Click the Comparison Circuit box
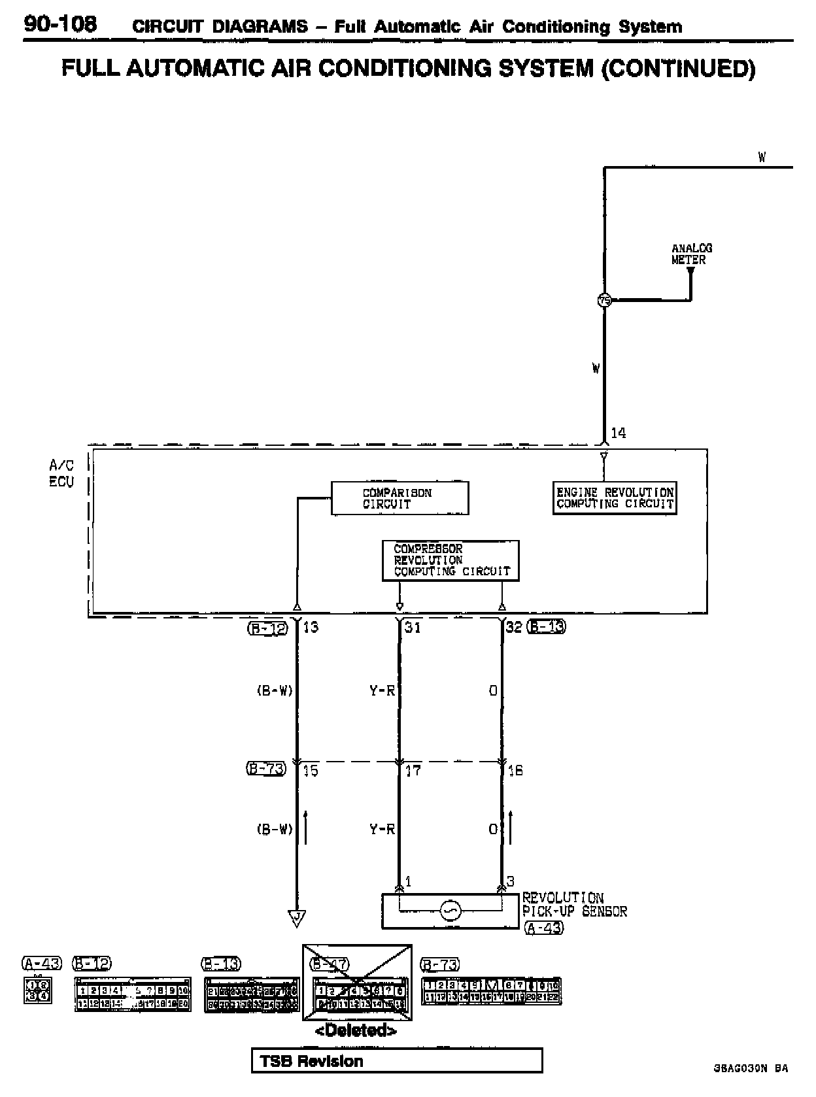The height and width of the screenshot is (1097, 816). [x=399, y=498]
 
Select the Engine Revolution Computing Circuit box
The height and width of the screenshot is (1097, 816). [x=614, y=498]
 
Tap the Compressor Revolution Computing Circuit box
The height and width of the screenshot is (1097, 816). [x=450, y=560]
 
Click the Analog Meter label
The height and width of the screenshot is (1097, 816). [x=691, y=254]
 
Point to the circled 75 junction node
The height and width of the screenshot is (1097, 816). [x=604, y=300]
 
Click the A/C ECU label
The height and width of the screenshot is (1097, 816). [x=62, y=473]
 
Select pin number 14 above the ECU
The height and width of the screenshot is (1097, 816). [x=618, y=433]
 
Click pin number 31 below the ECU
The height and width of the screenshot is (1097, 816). [x=413, y=628]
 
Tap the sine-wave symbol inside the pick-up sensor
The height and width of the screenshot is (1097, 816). [x=450, y=911]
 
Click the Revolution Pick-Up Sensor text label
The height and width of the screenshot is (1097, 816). [x=574, y=905]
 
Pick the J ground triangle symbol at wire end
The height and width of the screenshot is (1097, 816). [x=297, y=919]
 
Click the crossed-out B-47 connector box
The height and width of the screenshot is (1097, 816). [x=357, y=982]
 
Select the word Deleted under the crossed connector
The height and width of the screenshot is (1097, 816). [x=356, y=1031]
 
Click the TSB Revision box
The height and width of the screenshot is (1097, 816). [x=396, y=1060]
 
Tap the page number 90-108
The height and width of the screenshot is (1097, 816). [x=60, y=24]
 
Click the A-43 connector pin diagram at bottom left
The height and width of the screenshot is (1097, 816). [x=37, y=990]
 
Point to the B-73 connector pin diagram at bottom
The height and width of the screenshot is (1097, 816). [x=490, y=991]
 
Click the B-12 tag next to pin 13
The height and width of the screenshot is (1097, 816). [x=267, y=628]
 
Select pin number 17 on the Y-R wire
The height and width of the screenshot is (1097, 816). [x=413, y=771]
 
